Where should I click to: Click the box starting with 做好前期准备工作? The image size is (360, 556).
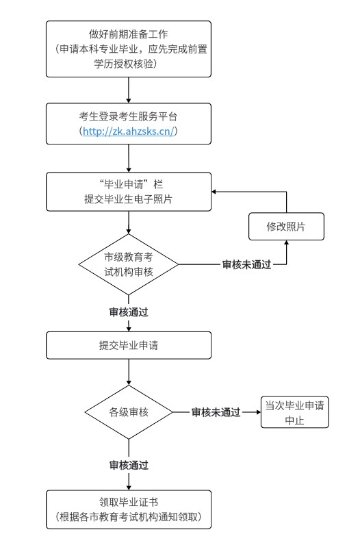click(129, 49)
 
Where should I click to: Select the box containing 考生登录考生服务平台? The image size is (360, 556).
click(129, 123)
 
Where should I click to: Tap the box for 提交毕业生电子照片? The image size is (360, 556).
click(129, 192)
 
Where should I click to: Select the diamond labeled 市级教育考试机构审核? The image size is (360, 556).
click(129, 264)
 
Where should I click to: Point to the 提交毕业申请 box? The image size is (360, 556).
click(129, 345)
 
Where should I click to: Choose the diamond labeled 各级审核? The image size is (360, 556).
click(129, 412)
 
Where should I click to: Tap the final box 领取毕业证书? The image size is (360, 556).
click(129, 509)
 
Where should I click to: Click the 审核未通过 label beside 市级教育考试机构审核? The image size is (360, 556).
click(247, 264)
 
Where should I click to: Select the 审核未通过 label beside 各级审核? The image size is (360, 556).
click(216, 412)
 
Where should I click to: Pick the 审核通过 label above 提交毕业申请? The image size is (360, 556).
click(129, 312)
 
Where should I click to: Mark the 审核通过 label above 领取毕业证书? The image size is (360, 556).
click(129, 465)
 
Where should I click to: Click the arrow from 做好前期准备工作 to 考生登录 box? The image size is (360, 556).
click(129, 90)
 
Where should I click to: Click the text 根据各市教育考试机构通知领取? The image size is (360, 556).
click(129, 516)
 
